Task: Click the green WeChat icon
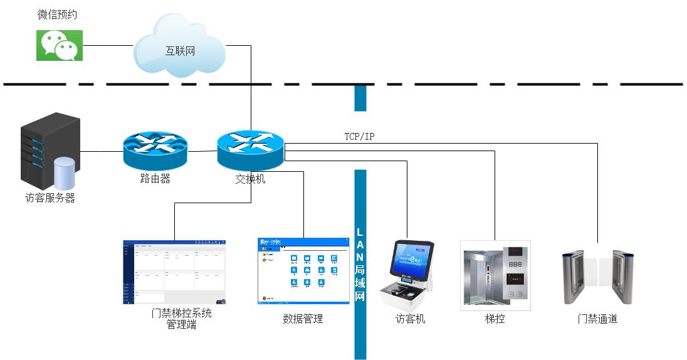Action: [x=60, y=45]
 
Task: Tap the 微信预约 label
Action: [x=58, y=14]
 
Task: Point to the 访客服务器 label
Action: [x=50, y=198]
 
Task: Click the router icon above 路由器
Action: [x=155, y=149]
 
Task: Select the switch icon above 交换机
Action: [x=251, y=149]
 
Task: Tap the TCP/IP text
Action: [x=360, y=136]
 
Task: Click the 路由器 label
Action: [x=155, y=179]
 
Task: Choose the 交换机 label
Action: [x=250, y=179]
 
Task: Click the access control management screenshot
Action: [x=174, y=272]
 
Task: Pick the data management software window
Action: [x=303, y=271]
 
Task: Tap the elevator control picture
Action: [x=495, y=275]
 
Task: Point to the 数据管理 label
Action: [x=303, y=319]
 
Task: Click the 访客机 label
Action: [x=410, y=319]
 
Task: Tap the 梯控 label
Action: [x=495, y=319]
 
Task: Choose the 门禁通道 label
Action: [x=597, y=319]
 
